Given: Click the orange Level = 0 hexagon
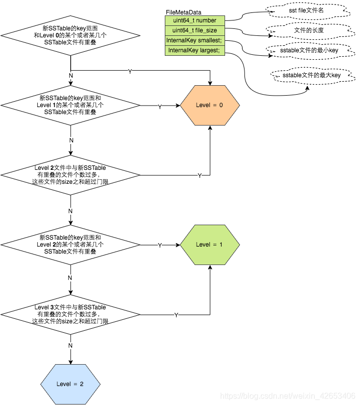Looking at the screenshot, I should (x=210, y=105).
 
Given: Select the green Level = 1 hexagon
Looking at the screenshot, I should (x=210, y=245).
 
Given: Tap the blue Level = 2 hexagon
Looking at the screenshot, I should (x=70, y=384).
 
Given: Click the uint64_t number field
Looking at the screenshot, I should (x=195, y=20).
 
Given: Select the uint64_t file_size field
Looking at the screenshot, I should (x=195, y=30).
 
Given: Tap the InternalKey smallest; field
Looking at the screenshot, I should (x=195, y=40).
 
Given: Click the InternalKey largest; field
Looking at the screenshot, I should (x=195, y=50).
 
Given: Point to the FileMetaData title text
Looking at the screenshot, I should (x=184, y=12).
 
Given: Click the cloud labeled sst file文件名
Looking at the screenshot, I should (x=300, y=10).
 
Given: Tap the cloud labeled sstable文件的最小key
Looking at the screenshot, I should (x=302, y=50).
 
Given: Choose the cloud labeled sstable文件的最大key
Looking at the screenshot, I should (x=312, y=75).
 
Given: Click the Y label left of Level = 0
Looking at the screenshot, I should (x=159, y=107).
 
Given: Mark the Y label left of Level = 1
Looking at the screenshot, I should (x=159, y=246).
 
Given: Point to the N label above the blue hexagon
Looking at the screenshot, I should (x=70, y=345).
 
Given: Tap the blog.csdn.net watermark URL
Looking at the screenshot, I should (x=288, y=396).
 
